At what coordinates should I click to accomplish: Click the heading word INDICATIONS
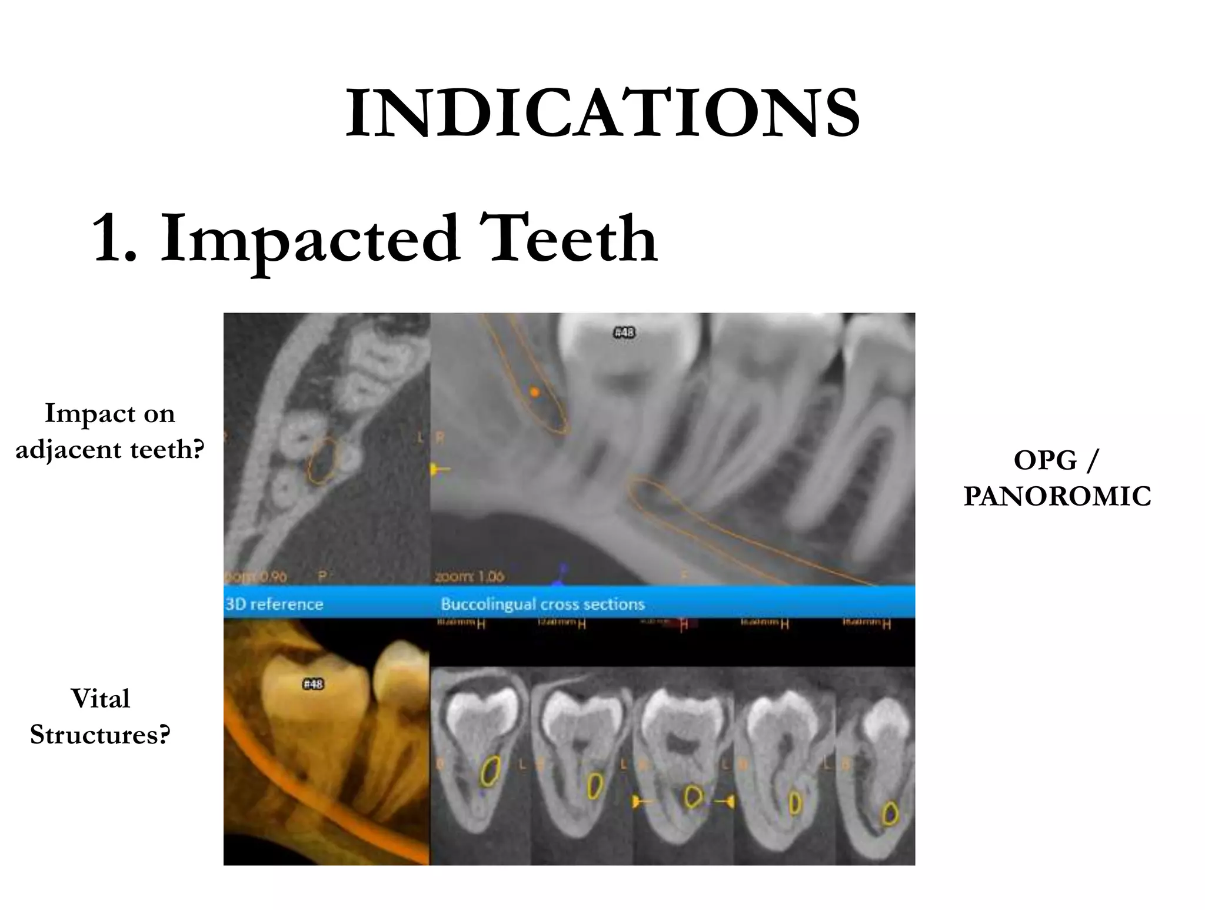click(x=602, y=113)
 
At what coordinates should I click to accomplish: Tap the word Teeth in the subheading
click(x=568, y=238)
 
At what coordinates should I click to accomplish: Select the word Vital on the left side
click(x=101, y=699)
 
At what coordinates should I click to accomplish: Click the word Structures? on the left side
click(x=101, y=735)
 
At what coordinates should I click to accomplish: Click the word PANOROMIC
click(x=1057, y=496)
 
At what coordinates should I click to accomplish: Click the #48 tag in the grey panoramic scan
click(x=624, y=333)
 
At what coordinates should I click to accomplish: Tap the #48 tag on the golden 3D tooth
click(x=313, y=684)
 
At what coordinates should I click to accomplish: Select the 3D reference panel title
click(x=274, y=605)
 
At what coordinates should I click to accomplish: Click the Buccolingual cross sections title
click(x=542, y=605)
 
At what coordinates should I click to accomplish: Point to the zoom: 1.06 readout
click(x=470, y=576)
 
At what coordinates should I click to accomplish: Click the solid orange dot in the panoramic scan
click(x=534, y=391)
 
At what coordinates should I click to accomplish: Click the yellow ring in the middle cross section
click(x=694, y=796)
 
